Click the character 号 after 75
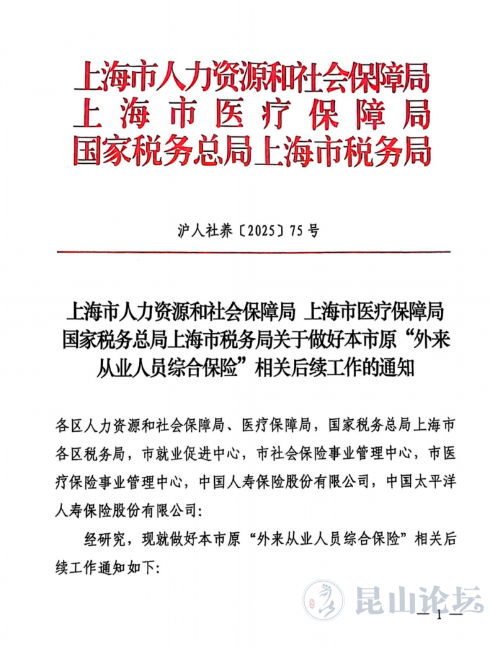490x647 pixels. click(313, 230)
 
